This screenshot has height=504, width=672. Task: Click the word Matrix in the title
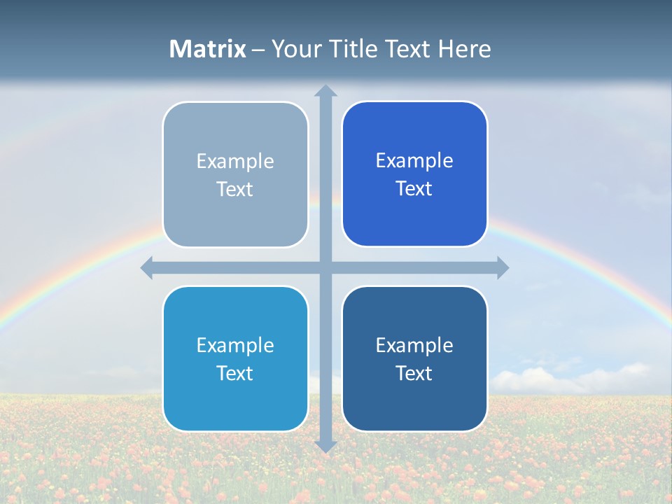(208, 49)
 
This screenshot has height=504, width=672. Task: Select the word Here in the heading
(464, 49)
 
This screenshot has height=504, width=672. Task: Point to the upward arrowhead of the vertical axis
(325, 91)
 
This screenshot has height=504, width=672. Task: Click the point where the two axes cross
(325, 267)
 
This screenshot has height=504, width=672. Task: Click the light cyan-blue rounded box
(235, 399)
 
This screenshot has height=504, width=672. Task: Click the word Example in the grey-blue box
(235, 162)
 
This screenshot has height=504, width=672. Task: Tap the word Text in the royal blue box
(414, 189)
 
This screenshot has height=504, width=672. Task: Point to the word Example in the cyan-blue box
(235, 345)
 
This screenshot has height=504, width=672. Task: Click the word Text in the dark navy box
(414, 373)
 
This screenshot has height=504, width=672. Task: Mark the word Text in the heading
(409, 49)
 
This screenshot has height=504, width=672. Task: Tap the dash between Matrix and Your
(258, 50)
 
